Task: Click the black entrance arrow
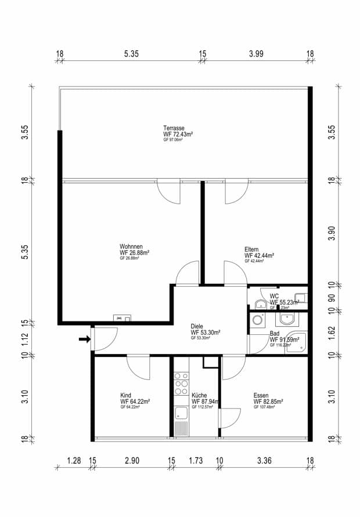[x=84, y=340]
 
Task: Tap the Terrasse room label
[x=174, y=128]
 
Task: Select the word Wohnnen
[x=131, y=246]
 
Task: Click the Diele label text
[x=197, y=326]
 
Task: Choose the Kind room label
[x=125, y=395]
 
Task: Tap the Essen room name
[x=261, y=395]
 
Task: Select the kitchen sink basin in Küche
[x=181, y=413]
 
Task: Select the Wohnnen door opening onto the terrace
[x=169, y=192]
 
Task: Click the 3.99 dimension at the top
[x=256, y=54]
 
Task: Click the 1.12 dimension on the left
[x=25, y=339]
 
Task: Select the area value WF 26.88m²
[x=135, y=252]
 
